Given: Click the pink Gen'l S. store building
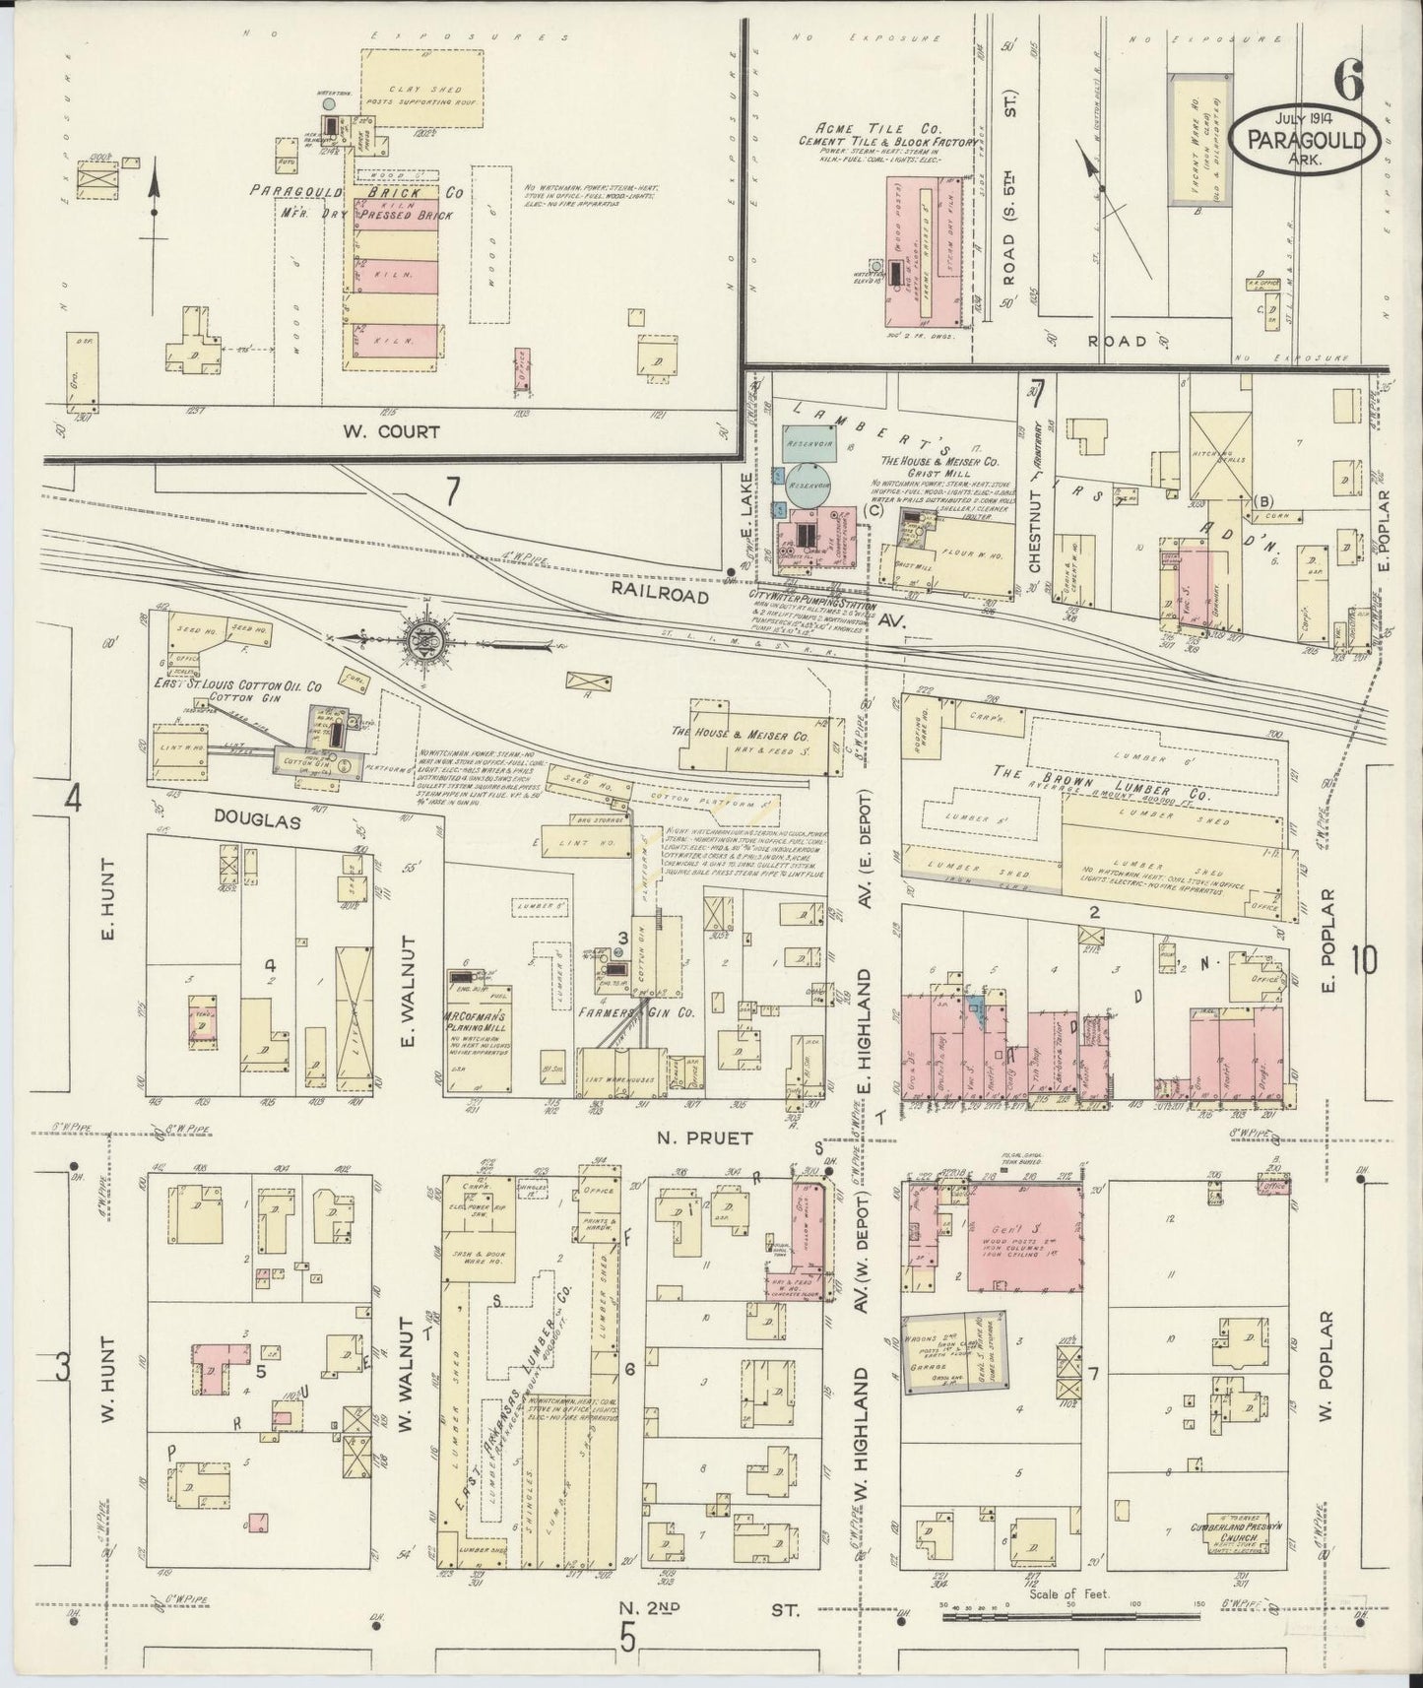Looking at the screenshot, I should (1024, 1237).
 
